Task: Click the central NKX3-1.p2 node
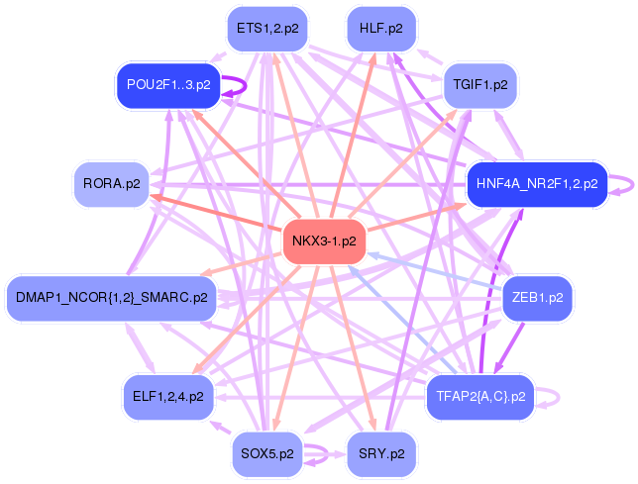[x=324, y=241]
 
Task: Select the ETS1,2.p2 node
[x=267, y=29]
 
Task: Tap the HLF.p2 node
[x=381, y=29]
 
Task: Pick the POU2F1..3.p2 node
[x=168, y=85]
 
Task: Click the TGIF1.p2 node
[x=480, y=85]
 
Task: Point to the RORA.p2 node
[x=112, y=184]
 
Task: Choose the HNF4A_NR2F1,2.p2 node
[x=537, y=184]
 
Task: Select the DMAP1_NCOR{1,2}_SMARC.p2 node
[x=112, y=298]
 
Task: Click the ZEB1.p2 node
[x=537, y=298]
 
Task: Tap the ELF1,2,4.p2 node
[x=168, y=397]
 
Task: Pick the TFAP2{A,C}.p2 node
[x=480, y=397]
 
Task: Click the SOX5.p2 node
[x=267, y=453]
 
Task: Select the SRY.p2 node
[x=381, y=453]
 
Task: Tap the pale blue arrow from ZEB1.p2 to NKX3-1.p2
[x=435, y=271]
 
